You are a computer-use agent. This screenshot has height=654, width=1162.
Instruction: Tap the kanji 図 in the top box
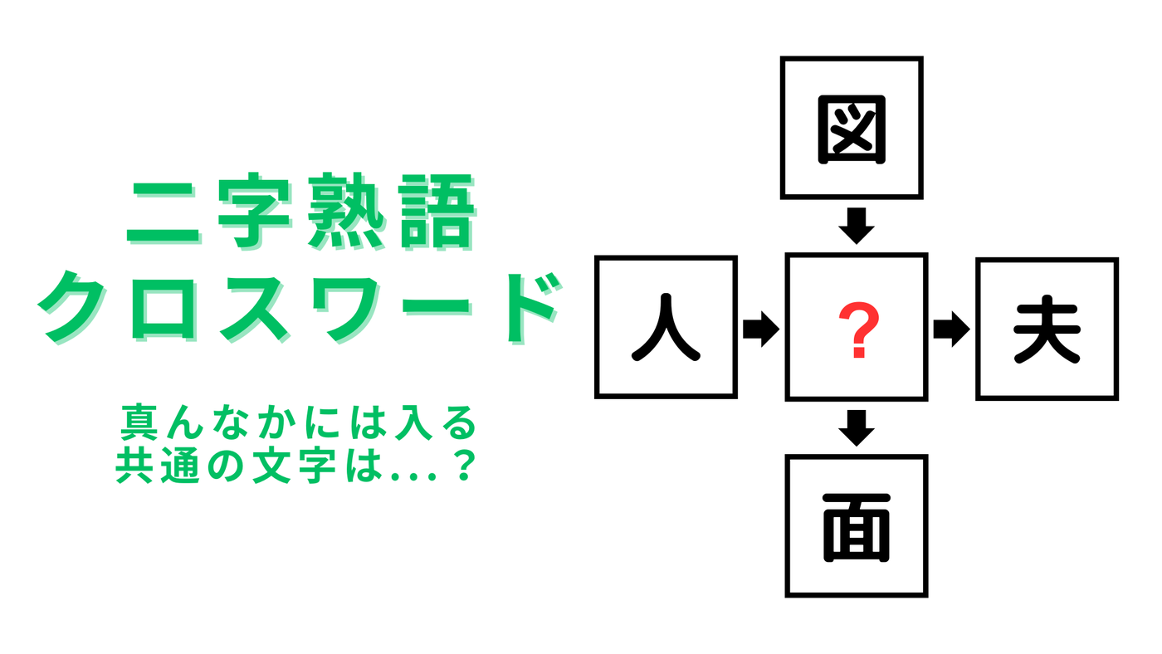852,129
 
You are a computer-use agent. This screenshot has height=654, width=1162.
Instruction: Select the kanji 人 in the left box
666,327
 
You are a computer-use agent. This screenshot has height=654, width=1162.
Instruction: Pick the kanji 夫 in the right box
1047,329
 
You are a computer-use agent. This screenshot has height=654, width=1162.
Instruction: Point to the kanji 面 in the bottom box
857,528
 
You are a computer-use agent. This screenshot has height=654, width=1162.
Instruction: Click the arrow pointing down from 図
857,226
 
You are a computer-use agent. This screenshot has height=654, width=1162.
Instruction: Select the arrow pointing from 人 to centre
761,329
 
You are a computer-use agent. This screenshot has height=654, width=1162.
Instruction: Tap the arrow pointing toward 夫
951,329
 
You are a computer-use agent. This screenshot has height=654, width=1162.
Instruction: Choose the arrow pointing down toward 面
857,428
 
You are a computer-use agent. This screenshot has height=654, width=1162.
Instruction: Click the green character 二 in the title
164,212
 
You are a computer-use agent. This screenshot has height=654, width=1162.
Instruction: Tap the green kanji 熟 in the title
347,212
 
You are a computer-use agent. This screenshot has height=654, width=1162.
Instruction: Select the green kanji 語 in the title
437,212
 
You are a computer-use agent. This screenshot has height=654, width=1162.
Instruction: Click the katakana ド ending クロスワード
534,308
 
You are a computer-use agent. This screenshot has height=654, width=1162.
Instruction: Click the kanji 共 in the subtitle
134,466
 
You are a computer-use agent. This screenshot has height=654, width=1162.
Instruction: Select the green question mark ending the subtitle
464,466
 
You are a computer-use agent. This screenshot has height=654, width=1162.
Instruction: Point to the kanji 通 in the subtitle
179,466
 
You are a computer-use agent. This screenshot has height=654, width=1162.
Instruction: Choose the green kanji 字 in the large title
254,212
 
